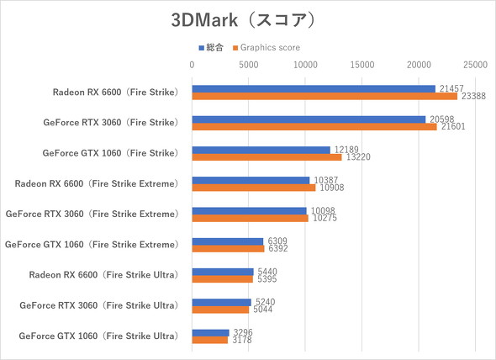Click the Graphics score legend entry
(265, 48)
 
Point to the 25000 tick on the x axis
(475, 64)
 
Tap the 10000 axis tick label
(305, 64)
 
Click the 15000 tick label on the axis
(361, 64)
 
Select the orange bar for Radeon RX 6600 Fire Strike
(325, 96)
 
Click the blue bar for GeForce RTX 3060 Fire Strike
(309, 119)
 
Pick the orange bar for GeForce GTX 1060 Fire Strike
(266, 157)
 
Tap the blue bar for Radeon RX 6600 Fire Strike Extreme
(251, 180)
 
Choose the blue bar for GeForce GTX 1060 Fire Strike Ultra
(210, 332)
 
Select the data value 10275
(323, 219)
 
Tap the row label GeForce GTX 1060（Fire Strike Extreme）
(92, 245)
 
